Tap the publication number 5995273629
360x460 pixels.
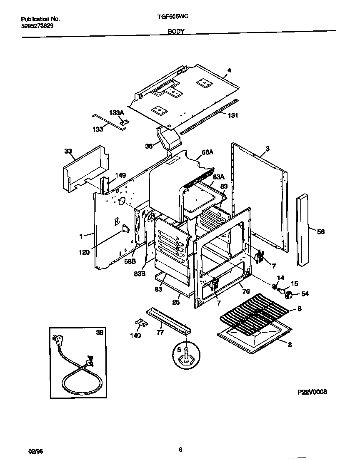(37, 25)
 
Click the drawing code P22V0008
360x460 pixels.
(312, 392)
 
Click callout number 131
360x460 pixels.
(233, 115)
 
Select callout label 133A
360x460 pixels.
(117, 113)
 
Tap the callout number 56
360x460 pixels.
(321, 231)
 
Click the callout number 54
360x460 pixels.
(305, 294)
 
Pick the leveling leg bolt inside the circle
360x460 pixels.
(185, 354)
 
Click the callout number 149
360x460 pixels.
(120, 175)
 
